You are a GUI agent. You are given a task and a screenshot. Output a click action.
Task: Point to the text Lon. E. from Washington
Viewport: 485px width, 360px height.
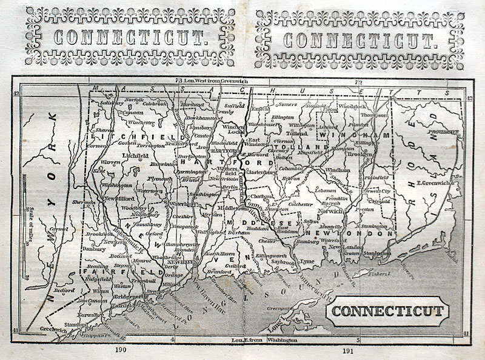(x=265, y=341)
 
